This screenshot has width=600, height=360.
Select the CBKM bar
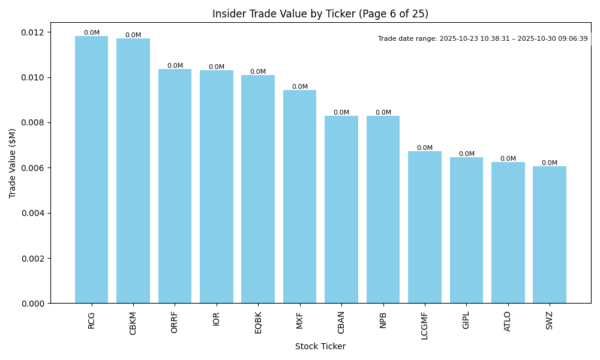tap(133, 171)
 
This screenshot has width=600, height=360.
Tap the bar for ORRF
tap(175, 186)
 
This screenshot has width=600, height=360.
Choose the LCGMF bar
tap(425, 227)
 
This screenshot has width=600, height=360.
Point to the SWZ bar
tap(550, 235)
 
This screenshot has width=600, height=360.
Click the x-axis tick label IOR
tap(217, 319)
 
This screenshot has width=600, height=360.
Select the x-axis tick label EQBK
tap(258, 322)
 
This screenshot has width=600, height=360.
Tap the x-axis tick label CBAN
tap(341, 322)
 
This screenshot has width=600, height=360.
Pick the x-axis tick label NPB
tap(383, 320)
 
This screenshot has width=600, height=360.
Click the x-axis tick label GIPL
tap(466, 320)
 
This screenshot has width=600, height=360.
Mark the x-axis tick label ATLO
tap(508, 321)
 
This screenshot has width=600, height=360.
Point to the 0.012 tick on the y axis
tap(34, 32)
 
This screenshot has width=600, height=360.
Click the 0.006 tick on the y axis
tap(34, 168)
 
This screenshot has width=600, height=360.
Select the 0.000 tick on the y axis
tap(34, 304)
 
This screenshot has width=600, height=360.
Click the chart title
tap(320, 14)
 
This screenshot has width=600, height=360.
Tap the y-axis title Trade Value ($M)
tap(13, 163)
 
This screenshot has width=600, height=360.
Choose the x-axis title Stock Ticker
tap(320, 346)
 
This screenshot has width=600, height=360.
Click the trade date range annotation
tap(483, 38)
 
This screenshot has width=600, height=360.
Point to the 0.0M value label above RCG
tap(92, 33)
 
